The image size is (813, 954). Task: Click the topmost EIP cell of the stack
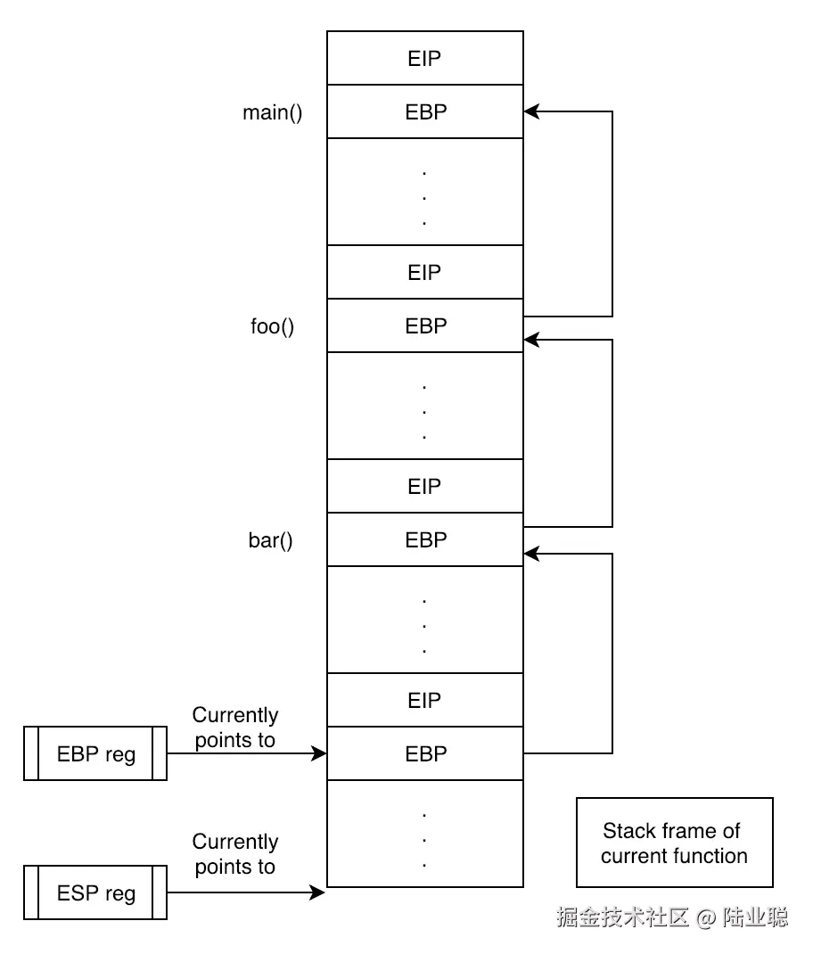[424, 59]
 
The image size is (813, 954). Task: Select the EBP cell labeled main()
[424, 112]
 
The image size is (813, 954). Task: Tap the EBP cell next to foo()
[424, 326]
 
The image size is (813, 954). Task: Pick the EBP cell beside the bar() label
[424, 540]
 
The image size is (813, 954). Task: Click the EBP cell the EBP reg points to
[424, 754]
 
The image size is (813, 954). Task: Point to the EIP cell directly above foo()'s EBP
[424, 273]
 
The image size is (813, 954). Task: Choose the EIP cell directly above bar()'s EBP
[424, 487]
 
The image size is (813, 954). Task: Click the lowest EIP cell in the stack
[424, 701]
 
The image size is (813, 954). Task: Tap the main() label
[272, 112]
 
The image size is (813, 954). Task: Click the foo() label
[272, 326]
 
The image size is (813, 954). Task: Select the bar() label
[270, 540]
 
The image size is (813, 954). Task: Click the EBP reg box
[95, 754]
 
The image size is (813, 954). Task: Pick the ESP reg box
[95, 892]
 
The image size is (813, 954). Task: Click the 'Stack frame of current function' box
[674, 843]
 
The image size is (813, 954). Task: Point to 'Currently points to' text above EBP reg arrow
[235, 728]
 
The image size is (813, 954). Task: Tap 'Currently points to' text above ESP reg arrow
[235, 854]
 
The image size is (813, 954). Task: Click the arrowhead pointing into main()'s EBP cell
[531, 112]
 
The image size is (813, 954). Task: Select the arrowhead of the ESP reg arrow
[318, 892]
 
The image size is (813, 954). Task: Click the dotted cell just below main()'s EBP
[424, 193]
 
